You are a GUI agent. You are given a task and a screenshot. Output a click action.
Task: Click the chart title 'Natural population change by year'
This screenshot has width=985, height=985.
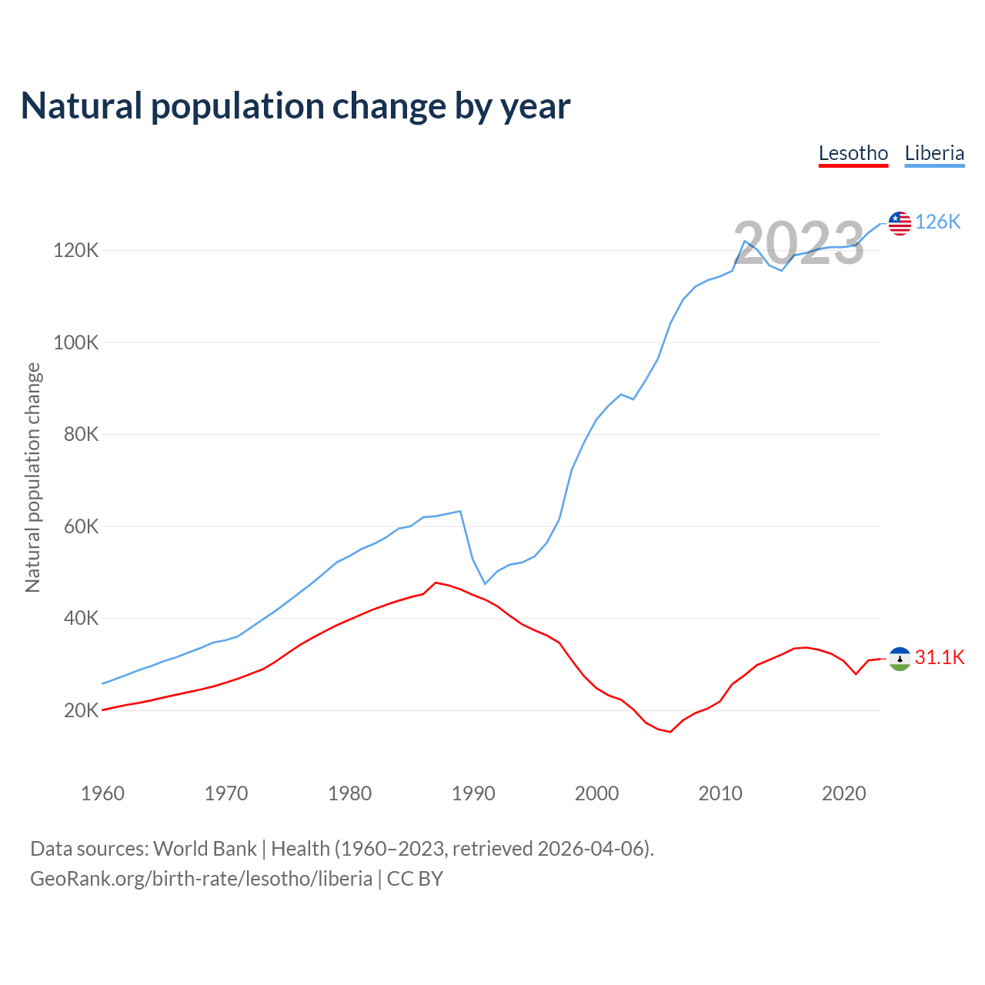(295, 106)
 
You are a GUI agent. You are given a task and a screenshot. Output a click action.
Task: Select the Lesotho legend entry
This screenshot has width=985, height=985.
(853, 153)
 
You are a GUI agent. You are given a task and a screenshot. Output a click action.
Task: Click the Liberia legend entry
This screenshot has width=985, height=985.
(934, 153)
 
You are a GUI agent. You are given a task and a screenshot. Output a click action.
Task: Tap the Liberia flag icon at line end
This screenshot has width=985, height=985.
(900, 223)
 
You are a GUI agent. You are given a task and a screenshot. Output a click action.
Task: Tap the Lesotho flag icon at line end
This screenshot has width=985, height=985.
(900, 659)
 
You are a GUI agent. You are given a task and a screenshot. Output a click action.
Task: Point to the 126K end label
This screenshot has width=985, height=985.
(938, 222)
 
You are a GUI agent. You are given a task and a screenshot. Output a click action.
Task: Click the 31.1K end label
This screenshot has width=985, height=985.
(940, 658)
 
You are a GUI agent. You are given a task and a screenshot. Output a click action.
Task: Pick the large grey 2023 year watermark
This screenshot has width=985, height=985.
(799, 243)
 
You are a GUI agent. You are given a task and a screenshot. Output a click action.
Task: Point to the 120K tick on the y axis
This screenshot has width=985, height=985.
(76, 251)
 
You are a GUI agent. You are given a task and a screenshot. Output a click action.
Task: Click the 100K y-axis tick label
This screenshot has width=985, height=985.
(76, 342)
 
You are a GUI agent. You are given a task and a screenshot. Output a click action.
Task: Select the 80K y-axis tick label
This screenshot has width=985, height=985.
(81, 435)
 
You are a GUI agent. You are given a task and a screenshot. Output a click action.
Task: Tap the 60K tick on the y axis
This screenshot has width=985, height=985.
(81, 527)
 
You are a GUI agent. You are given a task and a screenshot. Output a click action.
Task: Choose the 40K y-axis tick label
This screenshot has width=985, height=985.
(81, 619)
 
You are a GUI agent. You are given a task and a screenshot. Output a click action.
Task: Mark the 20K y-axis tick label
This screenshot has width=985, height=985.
(81, 711)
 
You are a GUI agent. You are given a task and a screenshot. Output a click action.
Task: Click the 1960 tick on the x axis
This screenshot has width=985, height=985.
(102, 793)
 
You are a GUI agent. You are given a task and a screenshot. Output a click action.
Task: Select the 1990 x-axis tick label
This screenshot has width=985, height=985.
(473, 793)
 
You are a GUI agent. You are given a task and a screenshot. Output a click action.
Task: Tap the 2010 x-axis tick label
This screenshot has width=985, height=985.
(720, 793)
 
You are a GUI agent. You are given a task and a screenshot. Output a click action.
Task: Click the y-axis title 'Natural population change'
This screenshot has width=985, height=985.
(33, 478)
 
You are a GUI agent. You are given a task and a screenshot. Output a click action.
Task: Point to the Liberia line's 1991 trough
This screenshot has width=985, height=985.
(485, 583)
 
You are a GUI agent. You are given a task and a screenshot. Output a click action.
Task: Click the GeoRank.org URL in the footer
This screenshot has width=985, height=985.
(202, 879)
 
